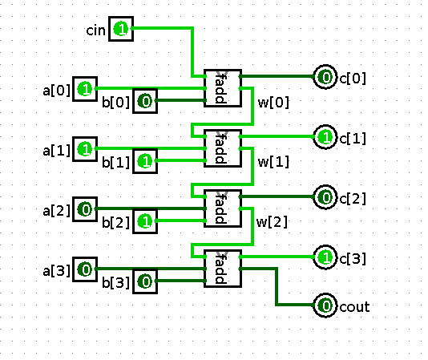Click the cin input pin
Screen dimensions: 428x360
(121, 29)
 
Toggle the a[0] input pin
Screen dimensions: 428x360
(85, 89)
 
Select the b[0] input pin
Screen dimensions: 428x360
(145, 101)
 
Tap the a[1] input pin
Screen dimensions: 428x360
(85, 149)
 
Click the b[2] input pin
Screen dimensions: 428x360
(145, 221)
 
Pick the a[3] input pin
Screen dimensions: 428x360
(85, 269)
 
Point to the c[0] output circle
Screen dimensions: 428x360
(325, 77)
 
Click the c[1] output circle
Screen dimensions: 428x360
(325, 137)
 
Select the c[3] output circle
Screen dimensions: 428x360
(325, 257)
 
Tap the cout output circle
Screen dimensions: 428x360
(325, 305)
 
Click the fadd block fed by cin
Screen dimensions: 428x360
(223, 88)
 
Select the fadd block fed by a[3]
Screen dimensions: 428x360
(223, 269)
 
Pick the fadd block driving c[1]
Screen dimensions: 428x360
(223, 148)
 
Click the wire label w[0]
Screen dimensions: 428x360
(273, 103)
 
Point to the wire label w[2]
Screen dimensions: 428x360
(272, 222)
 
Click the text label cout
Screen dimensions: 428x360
(354, 307)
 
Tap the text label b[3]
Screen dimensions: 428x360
(115, 283)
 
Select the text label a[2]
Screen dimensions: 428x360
(56, 211)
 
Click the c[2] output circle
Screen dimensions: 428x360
(325, 197)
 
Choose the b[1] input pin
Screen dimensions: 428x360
(145, 161)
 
